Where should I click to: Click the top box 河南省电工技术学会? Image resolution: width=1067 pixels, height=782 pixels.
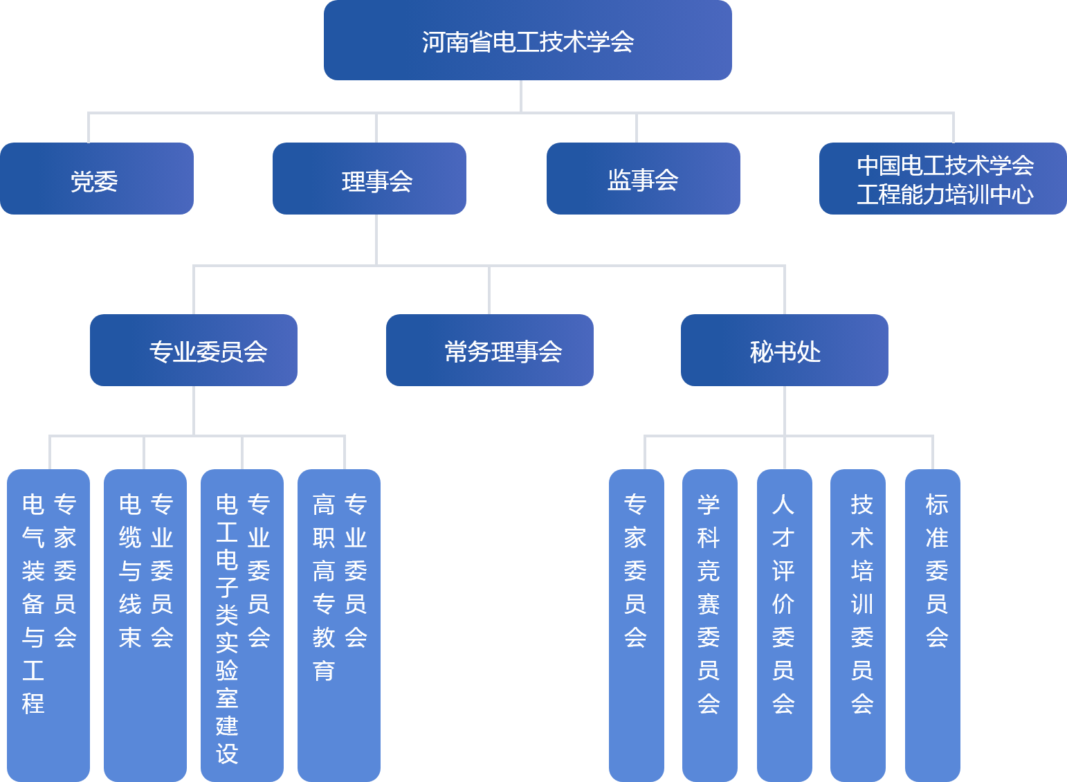pos(527,40)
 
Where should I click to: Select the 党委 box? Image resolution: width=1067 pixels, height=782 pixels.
pos(96,179)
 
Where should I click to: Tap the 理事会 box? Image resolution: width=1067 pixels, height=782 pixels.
pos(370,179)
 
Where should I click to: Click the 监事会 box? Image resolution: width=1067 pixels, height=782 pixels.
pos(643,179)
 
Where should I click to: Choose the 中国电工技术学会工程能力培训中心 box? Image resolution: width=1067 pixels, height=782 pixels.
pos(942,179)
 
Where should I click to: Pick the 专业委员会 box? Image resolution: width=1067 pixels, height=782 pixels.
pos(194,350)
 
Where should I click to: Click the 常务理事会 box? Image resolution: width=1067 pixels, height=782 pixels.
pos(489,350)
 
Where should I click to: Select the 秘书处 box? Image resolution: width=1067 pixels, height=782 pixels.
pos(784,350)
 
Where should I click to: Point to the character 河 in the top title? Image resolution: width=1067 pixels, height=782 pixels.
pos(433,42)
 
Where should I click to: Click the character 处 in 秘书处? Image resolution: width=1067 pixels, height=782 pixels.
pos(809,352)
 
